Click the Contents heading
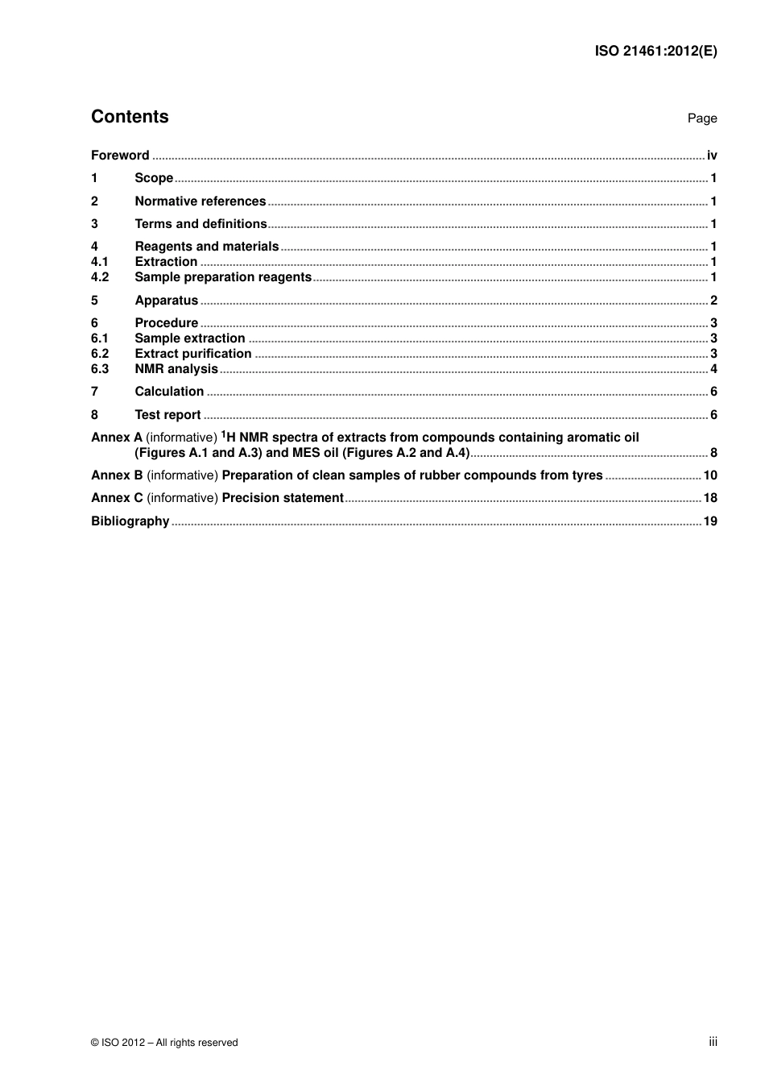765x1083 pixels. [130, 117]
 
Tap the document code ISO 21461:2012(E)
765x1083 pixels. [655, 51]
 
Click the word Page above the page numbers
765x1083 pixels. [701, 118]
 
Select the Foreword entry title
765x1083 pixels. [120, 156]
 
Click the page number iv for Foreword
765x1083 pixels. [712, 156]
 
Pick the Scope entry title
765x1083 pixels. [154, 178]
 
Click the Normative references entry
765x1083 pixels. [200, 201]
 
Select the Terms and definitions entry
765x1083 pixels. [201, 224]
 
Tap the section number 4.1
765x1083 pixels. [100, 262]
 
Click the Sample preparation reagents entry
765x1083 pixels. [223, 277]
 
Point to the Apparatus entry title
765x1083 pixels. [166, 301]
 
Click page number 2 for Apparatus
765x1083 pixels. [713, 301]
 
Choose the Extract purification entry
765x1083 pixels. [193, 354]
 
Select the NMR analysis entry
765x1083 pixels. [176, 369]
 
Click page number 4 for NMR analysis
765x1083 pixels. [713, 369]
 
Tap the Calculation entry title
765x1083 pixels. [169, 392]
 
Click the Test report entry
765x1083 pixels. [167, 415]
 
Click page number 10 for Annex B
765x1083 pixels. [710, 475]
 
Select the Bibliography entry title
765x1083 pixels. [130, 521]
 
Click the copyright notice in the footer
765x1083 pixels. [164, 1043]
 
